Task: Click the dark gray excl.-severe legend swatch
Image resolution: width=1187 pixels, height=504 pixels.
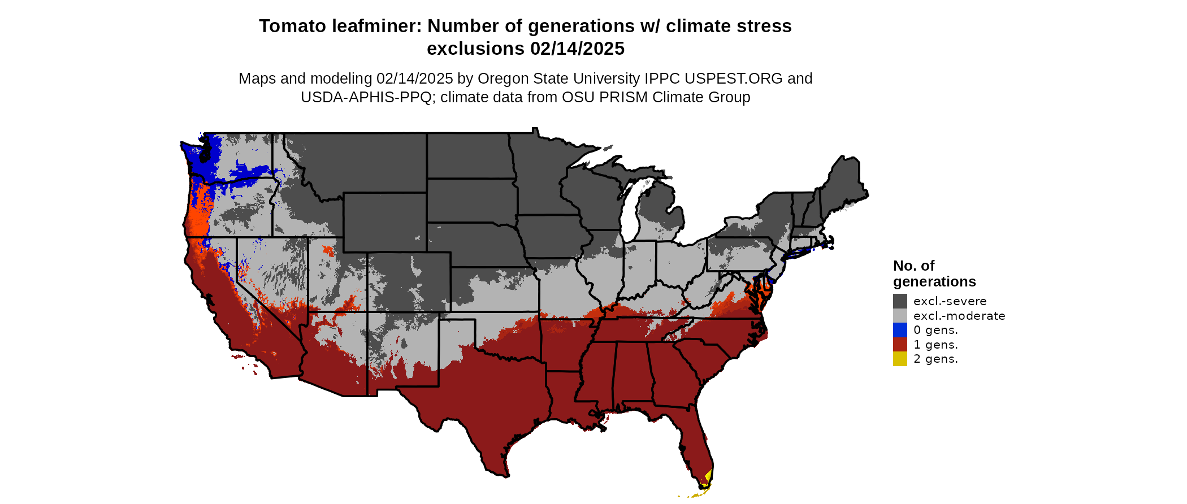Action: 900,301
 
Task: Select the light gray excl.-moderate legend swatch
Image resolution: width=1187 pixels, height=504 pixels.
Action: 900,316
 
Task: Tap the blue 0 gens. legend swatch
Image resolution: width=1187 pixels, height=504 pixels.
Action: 900,330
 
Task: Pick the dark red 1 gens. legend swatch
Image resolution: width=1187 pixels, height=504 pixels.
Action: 900,345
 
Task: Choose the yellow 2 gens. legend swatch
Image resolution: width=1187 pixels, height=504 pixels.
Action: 900,359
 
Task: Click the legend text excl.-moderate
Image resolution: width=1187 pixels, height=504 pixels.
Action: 959,316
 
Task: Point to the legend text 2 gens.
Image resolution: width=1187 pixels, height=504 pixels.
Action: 935,359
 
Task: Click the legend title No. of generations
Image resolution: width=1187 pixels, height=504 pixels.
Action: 934,273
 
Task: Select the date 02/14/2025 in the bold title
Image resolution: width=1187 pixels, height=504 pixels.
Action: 577,49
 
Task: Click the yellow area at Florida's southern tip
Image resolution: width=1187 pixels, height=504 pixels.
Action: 708,477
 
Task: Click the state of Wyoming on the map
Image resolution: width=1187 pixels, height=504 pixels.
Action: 384,221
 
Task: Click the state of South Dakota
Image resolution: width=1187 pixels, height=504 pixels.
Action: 470,201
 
